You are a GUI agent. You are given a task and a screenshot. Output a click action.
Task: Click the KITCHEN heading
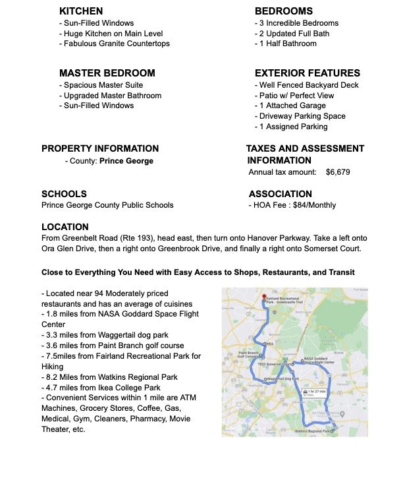[81, 11]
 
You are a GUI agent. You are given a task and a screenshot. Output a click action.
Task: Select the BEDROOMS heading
[284, 11]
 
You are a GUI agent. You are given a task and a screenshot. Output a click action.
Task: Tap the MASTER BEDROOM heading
[107, 73]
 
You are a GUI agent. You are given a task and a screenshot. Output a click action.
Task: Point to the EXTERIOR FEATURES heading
[308, 73]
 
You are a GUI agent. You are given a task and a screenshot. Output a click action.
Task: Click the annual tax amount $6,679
[337, 171]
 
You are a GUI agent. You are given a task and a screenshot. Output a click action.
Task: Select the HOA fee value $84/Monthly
[315, 205]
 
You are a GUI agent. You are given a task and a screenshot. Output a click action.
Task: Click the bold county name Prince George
[126, 161]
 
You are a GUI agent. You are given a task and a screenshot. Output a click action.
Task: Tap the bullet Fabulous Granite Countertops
[115, 44]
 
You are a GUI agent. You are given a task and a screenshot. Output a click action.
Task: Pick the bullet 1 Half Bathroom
[286, 44]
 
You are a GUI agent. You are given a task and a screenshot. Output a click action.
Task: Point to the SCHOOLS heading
[64, 195]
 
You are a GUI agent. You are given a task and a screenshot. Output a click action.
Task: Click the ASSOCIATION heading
[281, 195]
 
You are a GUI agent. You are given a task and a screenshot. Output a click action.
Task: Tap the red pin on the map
[263, 297]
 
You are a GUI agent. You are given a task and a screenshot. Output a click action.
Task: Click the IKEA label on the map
[268, 344]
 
